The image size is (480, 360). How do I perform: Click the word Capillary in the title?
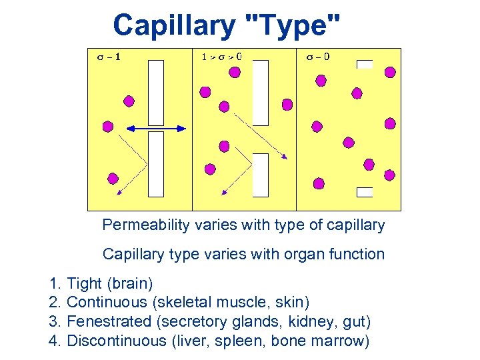click(x=175, y=26)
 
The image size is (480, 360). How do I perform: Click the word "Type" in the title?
click(x=294, y=26)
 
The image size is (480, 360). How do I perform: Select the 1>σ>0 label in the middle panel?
click(x=221, y=57)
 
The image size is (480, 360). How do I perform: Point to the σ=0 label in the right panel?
click(x=318, y=57)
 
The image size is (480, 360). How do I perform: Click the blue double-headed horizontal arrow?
click(x=157, y=127)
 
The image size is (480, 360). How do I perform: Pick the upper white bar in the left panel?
click(x=155, y=93)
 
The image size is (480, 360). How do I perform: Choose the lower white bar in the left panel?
click(x=155, y=164)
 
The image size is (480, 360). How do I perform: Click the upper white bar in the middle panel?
click(x=261, y=93)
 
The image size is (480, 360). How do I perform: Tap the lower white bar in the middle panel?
click(x=261, y=175)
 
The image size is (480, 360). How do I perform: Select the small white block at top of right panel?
click(x=365, y=64)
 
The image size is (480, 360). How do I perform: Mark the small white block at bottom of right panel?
click(x=365, y=192)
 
